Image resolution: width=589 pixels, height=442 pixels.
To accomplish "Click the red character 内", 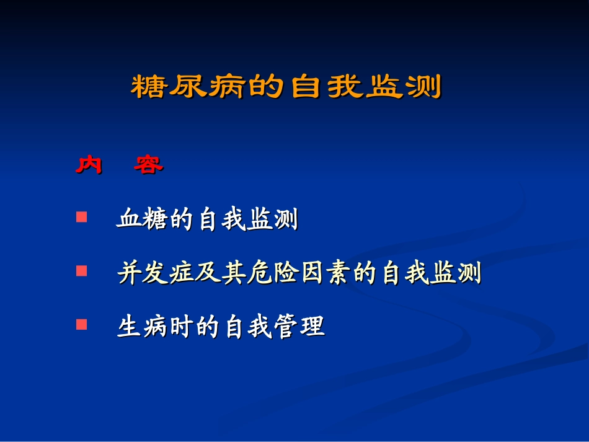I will coord(89,165).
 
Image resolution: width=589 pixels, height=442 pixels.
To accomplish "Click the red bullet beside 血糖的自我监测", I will coord(81,218).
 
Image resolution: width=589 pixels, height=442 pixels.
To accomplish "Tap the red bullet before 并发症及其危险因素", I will coord(81,271).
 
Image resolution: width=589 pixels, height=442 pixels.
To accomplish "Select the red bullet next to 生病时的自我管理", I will coord(81,324).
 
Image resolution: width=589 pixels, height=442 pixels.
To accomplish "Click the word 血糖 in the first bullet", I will coord(143,220).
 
